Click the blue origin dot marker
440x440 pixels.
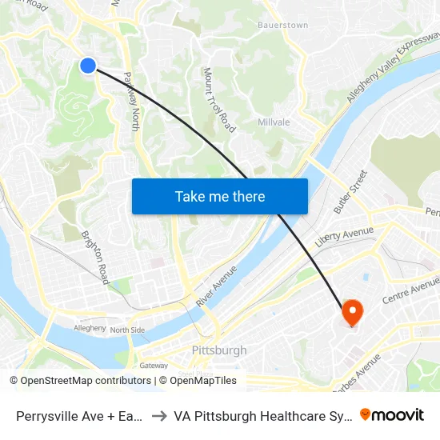coord(88,66)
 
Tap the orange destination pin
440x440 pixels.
coord(352,311)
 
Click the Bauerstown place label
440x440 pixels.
coord(282,26)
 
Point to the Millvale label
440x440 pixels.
coord(274,122)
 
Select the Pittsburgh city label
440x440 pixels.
coord(219,350)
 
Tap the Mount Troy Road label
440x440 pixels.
coord(220,100)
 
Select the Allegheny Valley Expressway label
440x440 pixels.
coord(393,67)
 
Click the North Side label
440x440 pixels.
coord(127,330)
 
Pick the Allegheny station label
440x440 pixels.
coord(90,328)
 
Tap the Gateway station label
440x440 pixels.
coord(154,365)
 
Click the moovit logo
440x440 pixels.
coord(391,414)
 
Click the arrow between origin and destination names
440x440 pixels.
coord(158,415)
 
